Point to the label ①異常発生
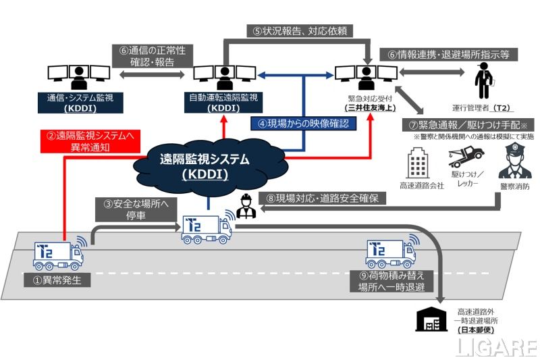coord(62,280)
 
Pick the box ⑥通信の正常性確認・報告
coord(150,55)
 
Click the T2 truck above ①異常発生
coord(59,254)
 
